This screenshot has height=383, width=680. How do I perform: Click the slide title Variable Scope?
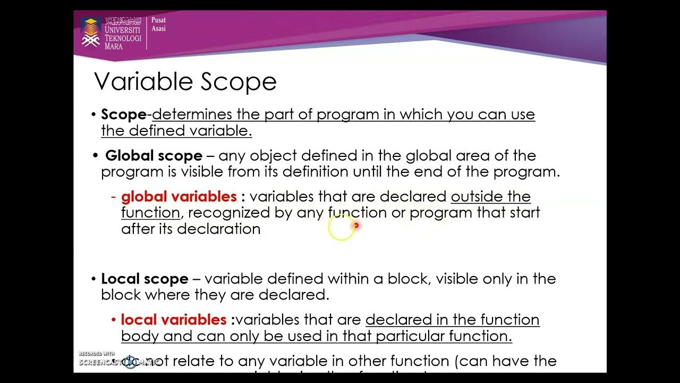[x=185, y=82]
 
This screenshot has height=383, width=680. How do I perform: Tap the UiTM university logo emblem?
[x=90, y=32]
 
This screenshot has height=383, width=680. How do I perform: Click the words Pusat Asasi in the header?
[x=158, y=24]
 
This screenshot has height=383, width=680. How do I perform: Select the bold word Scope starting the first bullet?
[x=123, y=114]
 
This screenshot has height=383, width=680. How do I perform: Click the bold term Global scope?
[x=154, y=156]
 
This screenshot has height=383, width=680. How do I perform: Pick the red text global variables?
[x=178, y=196]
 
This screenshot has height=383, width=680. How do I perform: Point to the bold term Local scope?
[x=144, y=279]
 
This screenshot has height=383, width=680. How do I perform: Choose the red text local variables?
[x=174, y=320]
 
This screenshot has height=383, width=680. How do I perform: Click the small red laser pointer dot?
[x=356, y=226]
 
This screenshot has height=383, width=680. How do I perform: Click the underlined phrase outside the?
[x=490, y=196]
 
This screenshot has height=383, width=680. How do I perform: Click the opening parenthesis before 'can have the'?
[x=457, y=361]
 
